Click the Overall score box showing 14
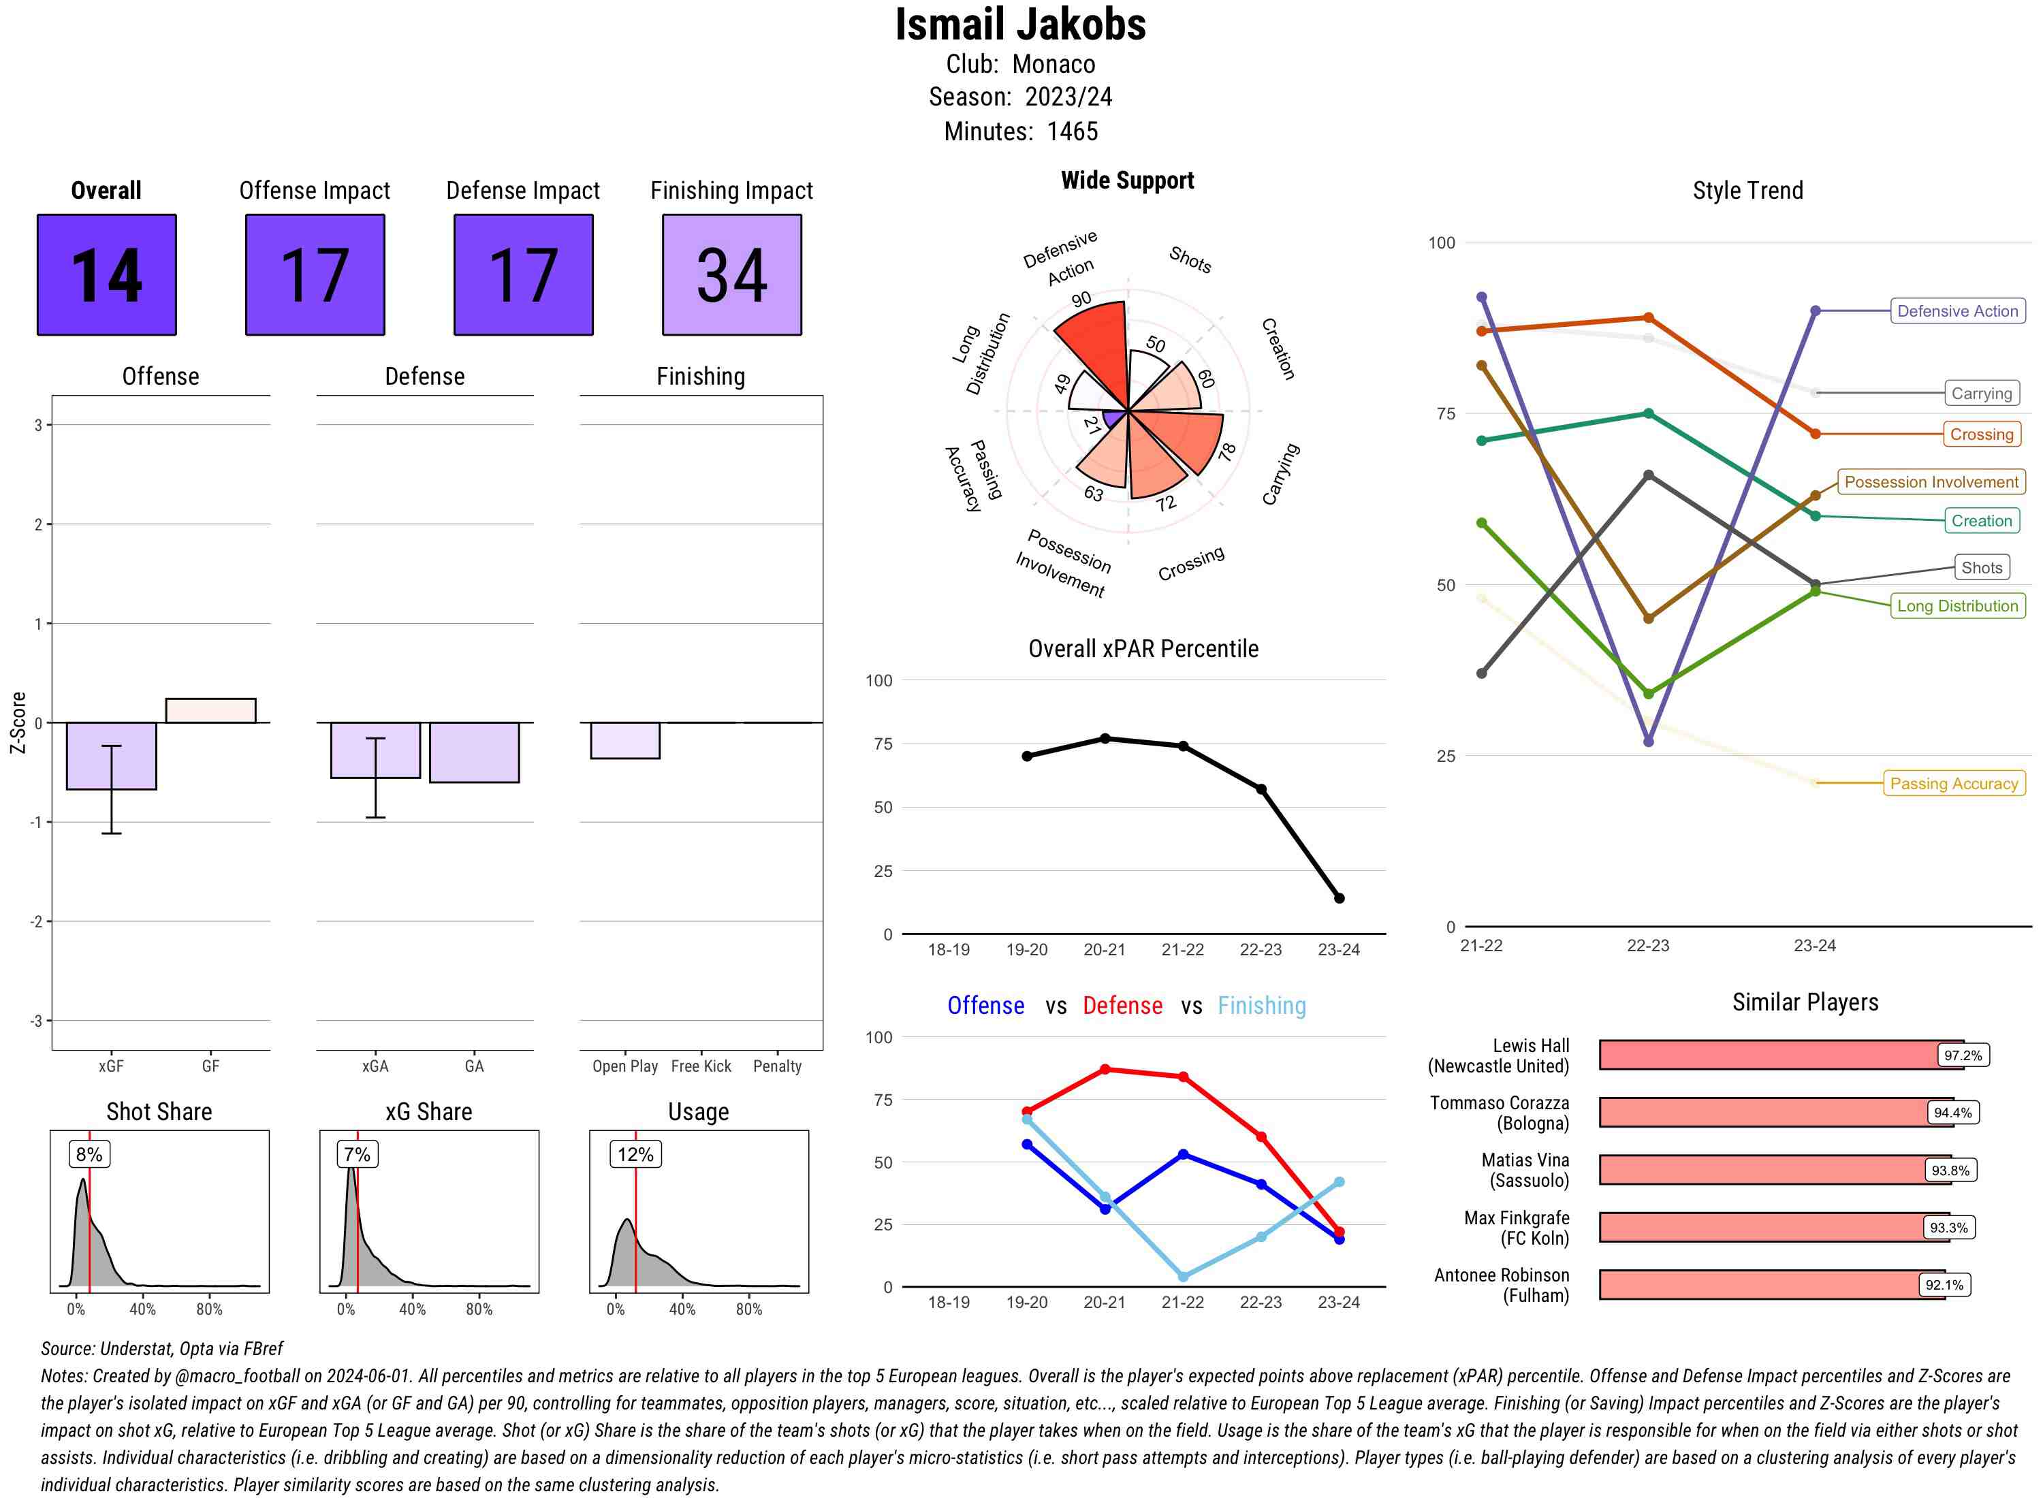[106, 275]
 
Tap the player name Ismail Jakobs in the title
[1020, 25]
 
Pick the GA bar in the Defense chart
[474, 752]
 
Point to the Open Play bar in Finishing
[624, 740]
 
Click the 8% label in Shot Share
[89, 1154]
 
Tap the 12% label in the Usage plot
[635, 1154]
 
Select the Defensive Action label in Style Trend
[1957, 311]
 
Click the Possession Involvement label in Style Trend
[1931, 482]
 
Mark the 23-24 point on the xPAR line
[1338, 897]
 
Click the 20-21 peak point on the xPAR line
[1105, 739]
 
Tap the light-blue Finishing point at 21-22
[1182, 1277]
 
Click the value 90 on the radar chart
[1081, 299]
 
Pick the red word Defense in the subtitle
[1122, 1006]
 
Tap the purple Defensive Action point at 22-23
[1647, 742]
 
